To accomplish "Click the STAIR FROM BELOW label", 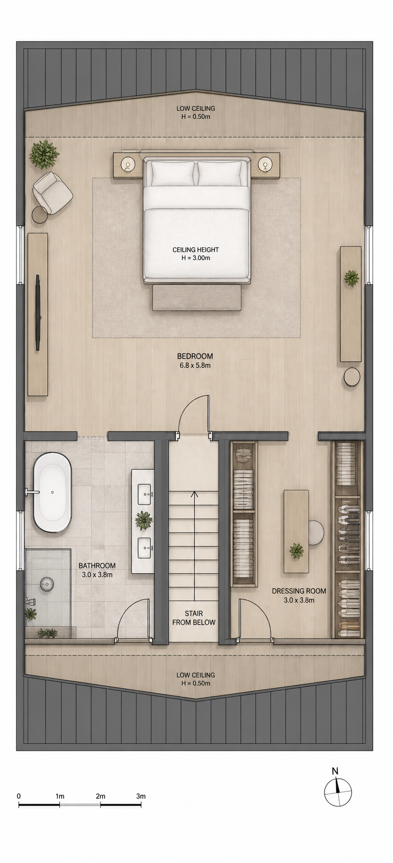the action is (x=194, y=617).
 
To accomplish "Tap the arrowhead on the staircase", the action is (x=194, y=494).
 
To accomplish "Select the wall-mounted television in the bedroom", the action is (x=38, y=312).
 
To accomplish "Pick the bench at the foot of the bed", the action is (x=196, y=298).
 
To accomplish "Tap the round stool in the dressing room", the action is (x=315, y=533).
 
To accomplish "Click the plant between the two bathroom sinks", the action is (x=144, y=520).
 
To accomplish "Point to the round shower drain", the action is (x=47, y=584).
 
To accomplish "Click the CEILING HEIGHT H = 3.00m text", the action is (x=196, y=253).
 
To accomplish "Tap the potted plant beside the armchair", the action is (x=44, y=154).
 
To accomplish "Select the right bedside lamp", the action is (x=264, y=165).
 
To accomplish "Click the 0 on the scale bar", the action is (x=19, y=796).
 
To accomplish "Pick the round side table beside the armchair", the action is (x=40, y=215).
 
